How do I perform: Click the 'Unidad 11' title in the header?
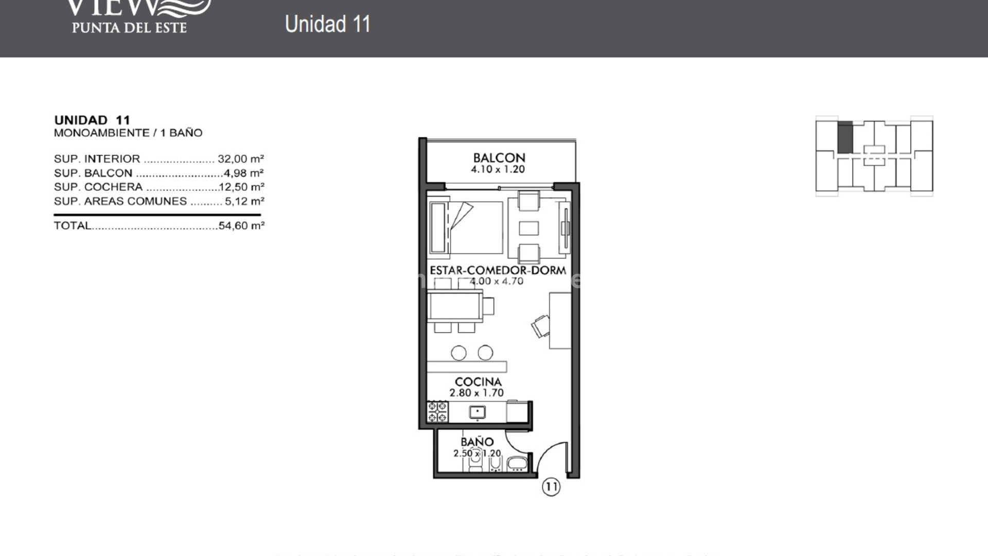coord(328,24)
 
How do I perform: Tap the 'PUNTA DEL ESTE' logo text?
coord(129,27)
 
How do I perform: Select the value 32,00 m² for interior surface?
coord(240,159)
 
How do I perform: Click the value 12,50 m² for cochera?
coord(241,187)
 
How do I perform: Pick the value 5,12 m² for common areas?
coord(244,201)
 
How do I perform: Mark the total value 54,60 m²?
coord(241,225)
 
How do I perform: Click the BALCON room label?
coord(499,158)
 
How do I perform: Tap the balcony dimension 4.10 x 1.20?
coord(498,170)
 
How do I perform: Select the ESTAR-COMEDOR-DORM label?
coord(498,270)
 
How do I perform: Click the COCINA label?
coord(478,382)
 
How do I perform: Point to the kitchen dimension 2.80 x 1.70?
coord(477,393)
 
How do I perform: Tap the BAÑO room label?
coord(477,442)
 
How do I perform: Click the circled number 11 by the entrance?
coord(551,486)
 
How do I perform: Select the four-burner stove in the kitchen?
coord(437,412)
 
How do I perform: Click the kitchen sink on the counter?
coord(478,412)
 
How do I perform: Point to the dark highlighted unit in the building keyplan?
coord(844,137)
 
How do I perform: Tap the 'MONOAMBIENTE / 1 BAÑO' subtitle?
coord(128,133)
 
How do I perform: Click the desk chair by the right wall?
coord(540,326)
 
